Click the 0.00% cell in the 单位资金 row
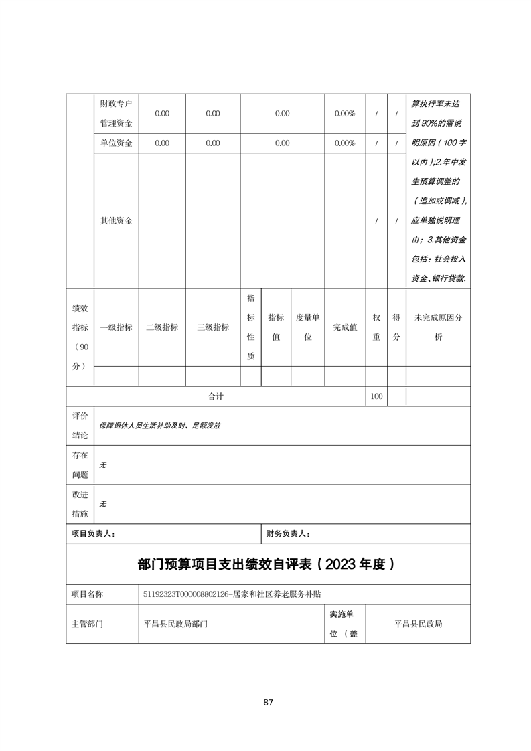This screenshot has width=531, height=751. (344, 143)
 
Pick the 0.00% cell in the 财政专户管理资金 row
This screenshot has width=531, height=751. (344, 114)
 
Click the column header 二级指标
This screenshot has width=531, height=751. (161, 327)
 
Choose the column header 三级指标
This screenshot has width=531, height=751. (212, 327)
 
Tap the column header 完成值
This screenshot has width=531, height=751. (345, 327)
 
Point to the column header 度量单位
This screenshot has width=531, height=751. (307, 327)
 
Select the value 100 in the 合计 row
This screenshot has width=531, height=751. (376, 396)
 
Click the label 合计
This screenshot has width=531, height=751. (215, 396)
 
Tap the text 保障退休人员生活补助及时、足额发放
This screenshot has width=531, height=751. (160, 425)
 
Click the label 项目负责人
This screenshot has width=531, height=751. (93, 533)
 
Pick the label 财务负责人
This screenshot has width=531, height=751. (288, 533)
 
